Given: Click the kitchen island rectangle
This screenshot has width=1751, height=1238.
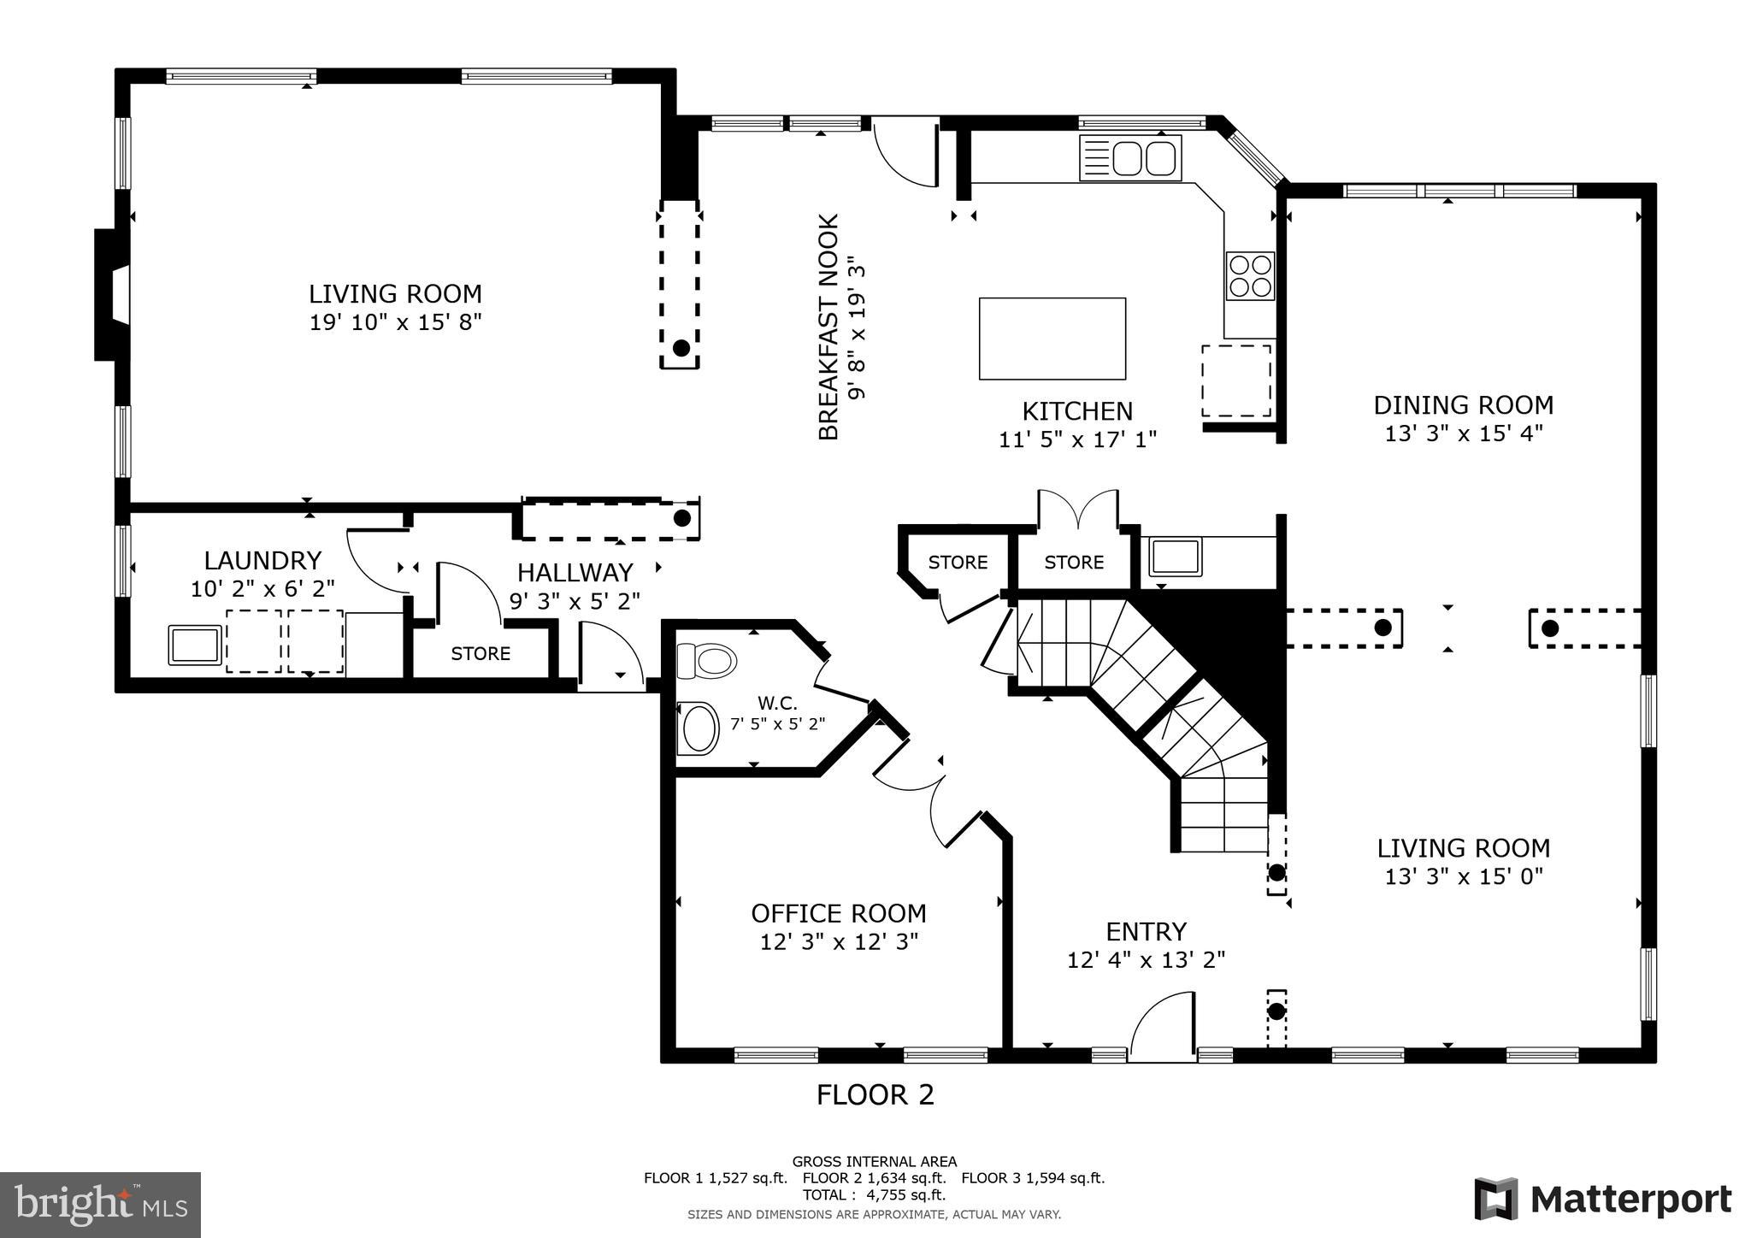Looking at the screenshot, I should pos(1052,339).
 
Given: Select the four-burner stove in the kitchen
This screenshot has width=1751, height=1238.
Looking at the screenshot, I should pos(1250,275).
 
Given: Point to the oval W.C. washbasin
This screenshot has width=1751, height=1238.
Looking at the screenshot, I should pos(700,728).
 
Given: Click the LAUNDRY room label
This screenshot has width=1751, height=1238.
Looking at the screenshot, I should pos(262,561).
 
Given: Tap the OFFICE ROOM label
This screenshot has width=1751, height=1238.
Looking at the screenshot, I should pos(838,913).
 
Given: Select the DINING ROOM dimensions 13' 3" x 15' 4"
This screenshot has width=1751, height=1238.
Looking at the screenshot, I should pos(1463,433).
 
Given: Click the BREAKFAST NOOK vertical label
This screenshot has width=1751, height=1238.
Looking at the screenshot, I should pos(829,327).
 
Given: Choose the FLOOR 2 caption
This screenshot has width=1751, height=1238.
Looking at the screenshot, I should pos(875,1095).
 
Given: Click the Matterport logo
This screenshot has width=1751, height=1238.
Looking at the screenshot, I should pos(1602,1199).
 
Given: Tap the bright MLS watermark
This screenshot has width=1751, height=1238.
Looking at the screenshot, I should pos(100,1205).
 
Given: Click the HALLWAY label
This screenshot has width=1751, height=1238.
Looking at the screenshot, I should pos(575,572).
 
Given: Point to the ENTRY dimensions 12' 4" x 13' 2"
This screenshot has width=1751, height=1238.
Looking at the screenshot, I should pos(1146,959).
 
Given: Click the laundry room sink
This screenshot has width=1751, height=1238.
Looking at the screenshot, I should pos(195,645).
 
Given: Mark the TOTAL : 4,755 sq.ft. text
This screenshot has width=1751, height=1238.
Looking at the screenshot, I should pos(874,1194).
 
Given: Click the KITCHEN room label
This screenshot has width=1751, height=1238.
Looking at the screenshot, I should pos(1077,411).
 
